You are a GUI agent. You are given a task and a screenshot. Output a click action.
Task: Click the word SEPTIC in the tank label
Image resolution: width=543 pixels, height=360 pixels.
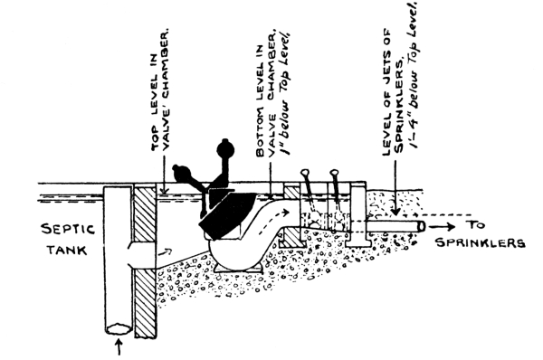(x=68, y=230)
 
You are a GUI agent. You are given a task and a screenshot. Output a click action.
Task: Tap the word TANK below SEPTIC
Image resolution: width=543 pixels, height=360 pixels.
(x=67, y=250)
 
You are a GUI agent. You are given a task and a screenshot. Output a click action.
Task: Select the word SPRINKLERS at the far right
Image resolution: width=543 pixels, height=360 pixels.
(x=481, y=242)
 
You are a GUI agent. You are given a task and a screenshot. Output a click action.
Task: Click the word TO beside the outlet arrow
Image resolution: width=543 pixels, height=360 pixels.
(x=477, y=225)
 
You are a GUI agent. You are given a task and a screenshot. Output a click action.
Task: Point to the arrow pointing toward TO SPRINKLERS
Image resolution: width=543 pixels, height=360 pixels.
(x=442, y=227)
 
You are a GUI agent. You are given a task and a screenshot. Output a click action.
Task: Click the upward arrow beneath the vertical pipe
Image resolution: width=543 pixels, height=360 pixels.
(x=119, y=346)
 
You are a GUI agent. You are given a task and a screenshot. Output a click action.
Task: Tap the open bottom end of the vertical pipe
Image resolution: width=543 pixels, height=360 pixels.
(x=119, y=329)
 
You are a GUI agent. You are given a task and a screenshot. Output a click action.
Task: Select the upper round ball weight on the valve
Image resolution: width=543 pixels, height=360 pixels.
(x=225, y=149)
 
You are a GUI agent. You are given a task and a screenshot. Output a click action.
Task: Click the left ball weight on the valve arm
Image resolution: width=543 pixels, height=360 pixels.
(x=183, y=174)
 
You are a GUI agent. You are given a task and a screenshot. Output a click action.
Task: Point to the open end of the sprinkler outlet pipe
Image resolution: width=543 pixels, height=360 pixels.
(x=421, y=226)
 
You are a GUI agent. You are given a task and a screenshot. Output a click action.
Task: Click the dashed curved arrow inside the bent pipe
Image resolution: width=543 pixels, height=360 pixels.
(x=273, y=220)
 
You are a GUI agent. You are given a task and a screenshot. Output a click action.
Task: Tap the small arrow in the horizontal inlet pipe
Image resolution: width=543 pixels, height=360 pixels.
(x=166, y=251)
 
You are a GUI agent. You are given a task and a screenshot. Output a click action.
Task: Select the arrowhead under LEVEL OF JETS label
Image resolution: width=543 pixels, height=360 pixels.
(x=395, y=212)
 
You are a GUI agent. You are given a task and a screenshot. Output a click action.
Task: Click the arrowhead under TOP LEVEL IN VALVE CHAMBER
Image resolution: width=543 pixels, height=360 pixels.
(x=165, y=191)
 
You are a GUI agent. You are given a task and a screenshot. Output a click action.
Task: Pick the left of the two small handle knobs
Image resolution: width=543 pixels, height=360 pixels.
(x=305, y=172)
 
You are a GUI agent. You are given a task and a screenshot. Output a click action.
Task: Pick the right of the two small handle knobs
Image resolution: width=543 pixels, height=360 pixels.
(x=334, y=172)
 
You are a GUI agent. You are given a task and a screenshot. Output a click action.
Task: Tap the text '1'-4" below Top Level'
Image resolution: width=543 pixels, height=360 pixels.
(x=414, y=74)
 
